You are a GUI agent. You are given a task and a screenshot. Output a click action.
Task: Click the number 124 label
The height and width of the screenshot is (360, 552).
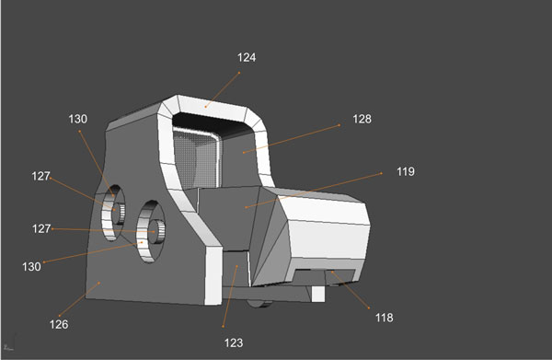click(246, 57)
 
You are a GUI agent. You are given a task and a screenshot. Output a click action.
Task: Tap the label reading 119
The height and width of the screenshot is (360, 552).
click(406, 172)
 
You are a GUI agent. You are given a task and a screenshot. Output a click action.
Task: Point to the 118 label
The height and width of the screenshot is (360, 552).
click(384, 318)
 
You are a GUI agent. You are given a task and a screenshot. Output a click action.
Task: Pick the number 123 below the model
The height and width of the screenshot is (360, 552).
click(233, 343)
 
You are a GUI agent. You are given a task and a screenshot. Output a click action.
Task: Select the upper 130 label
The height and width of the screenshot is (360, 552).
click(77, 119)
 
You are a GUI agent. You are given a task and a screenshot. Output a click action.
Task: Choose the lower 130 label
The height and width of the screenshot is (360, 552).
click(31, 266)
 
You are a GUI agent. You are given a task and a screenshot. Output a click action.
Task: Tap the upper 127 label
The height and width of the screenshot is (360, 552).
click(40, 176)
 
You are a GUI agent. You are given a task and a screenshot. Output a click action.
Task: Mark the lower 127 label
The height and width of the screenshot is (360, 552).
click(40, 229)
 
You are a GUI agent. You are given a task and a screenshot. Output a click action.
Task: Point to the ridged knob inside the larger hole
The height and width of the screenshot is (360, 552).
click(159, 230)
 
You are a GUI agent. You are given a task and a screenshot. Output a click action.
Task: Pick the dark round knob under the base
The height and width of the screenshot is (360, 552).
click(260, 301)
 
